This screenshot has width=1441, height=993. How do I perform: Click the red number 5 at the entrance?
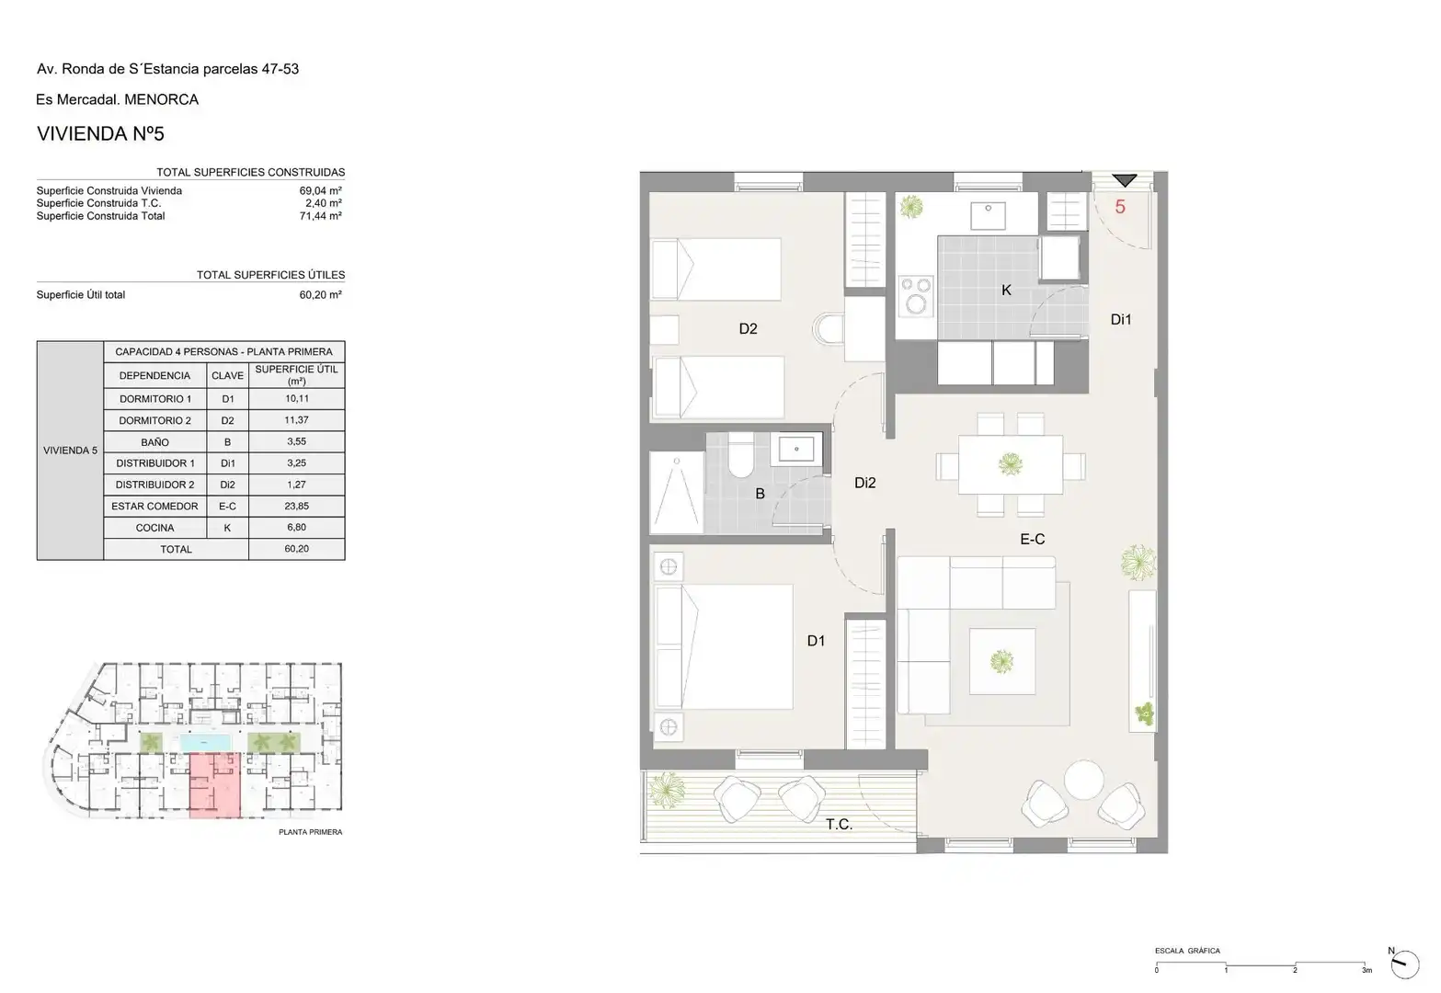tap(1120, 207)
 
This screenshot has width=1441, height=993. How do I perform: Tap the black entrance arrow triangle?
tap(1125, 180)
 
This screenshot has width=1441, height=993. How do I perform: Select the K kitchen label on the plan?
tap(1006, 290)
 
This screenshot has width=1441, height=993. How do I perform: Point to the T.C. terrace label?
tap(839, 825)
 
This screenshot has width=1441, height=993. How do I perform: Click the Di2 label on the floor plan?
tap(864, 483)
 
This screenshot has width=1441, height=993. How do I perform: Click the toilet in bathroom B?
tap(741, 455)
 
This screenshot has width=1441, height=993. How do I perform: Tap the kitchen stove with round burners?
tap(916, 296)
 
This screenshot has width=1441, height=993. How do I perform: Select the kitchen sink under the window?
tap(989, 215)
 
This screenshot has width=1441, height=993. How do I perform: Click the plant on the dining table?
tap(1010, 463)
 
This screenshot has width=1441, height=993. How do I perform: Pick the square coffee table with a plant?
tap(1002, 661)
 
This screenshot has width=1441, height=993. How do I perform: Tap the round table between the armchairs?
tap(1084, 780)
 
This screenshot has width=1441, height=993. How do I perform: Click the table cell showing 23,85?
tap(296, 506)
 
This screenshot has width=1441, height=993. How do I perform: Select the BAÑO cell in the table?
tap(154, 442)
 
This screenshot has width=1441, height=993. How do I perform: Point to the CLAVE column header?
tap(227, 375)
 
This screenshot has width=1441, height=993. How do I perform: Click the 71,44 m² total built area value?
tap(320, 216)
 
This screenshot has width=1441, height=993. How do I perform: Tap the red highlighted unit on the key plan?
tap(215, 785)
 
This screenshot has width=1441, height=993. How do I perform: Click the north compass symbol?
tap(1404, 964)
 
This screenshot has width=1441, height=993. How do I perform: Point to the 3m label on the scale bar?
tap(1367, 971)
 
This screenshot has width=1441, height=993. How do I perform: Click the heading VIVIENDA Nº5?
tap(100, 133)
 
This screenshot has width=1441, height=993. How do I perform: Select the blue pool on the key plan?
tap(205, 743)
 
